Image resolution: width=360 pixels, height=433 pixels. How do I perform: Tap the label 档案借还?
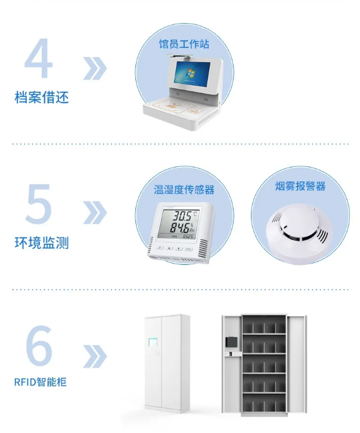click(41, 98)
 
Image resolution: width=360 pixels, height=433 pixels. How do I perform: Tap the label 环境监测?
click(41, 243)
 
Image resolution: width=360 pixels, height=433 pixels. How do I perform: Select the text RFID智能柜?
click(40, 382)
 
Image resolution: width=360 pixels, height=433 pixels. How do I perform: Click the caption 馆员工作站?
click(184, 44)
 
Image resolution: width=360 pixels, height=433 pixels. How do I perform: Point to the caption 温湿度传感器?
click(184, 189)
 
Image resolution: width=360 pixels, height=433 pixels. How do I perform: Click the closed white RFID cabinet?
click(166, 362)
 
